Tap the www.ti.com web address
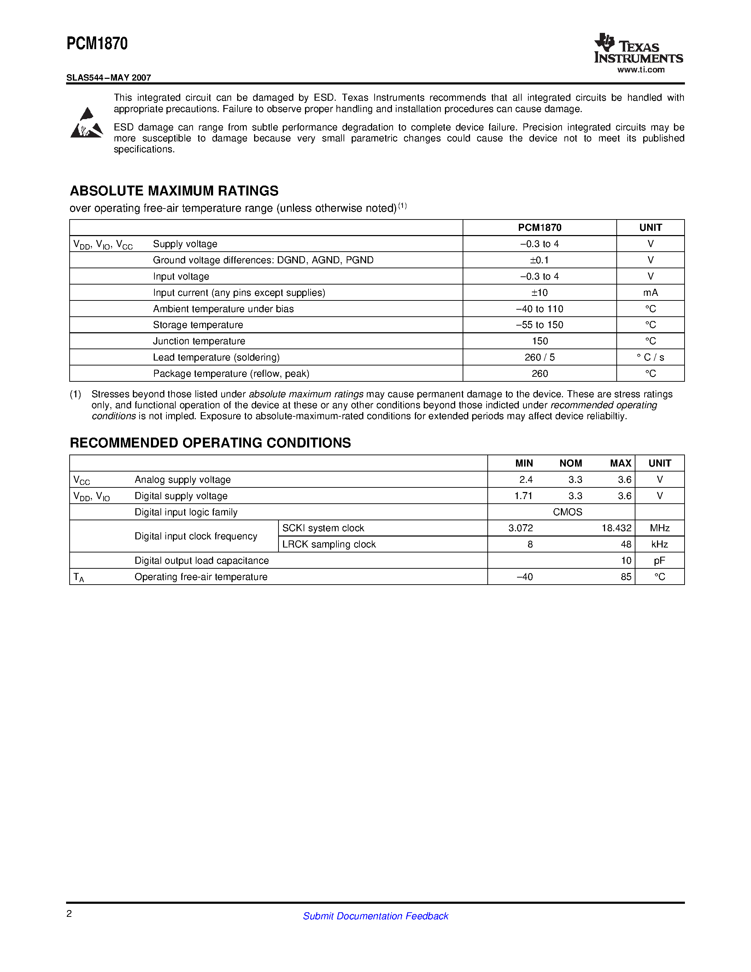point(641,70)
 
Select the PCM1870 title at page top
point(97,43)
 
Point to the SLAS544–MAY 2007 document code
point(108,77)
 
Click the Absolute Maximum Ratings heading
point(174,191)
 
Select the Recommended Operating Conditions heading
point(210,443)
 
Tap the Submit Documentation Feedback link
point(375,916)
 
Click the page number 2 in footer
point(69,914)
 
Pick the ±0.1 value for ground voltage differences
point(539,260)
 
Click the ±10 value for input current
point(539,292)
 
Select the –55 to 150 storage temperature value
point(539,325)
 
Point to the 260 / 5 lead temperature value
point(539,357)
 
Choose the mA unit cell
point(650,292)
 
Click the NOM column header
point(570,463)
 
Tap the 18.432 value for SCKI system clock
point(616,528)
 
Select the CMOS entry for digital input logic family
point(567,512)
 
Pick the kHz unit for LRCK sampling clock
point(659,544)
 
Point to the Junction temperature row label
point(199,341)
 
